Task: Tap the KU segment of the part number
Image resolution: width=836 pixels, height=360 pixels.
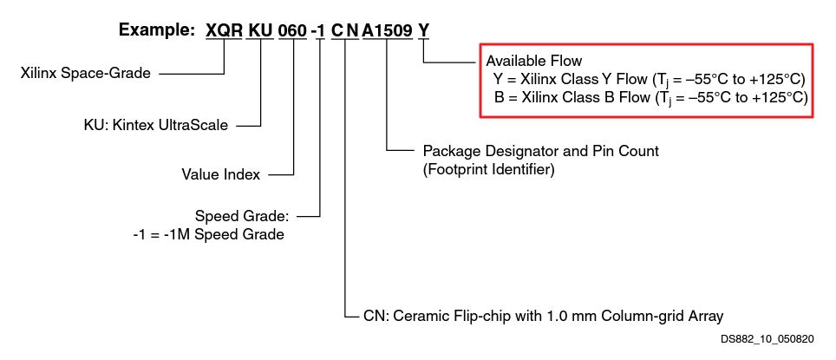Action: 260,31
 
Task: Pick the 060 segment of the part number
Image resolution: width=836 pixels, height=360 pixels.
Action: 292,31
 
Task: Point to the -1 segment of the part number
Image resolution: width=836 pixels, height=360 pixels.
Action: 319,31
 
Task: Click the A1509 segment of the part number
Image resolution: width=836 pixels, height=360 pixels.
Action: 387,31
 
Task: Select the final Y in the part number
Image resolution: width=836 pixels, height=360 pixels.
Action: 423,31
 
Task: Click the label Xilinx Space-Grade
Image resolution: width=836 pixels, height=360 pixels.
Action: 85,74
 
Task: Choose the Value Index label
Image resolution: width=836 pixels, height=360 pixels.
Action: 220,174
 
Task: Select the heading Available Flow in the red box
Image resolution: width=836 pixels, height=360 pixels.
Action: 533,61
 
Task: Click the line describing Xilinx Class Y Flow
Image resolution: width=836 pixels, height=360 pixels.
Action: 650,79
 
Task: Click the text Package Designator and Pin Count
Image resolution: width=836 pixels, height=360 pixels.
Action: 540,151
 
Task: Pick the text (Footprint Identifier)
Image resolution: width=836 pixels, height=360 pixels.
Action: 488,170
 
